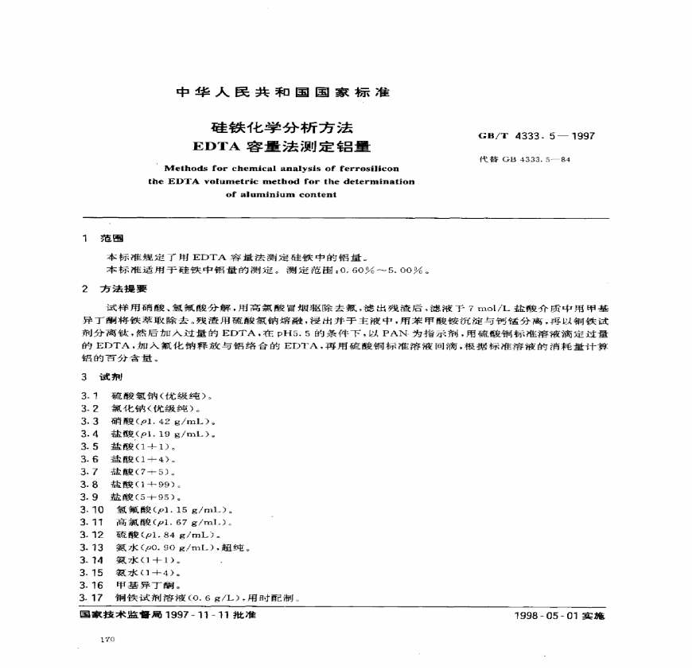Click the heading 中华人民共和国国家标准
(x=282, y=92)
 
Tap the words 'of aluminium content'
(x=282, y=194)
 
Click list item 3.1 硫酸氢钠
(x=151, y=395)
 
